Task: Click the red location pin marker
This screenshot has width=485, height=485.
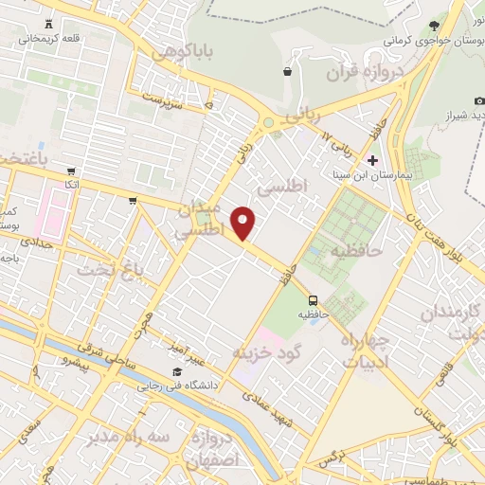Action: [x=244, y=223]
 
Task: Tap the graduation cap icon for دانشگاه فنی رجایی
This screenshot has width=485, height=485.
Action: [x=176, y=371]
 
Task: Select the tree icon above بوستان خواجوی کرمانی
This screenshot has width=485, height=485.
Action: [x=435, y=26]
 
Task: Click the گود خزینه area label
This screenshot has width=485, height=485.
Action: [x=268, y=352]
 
